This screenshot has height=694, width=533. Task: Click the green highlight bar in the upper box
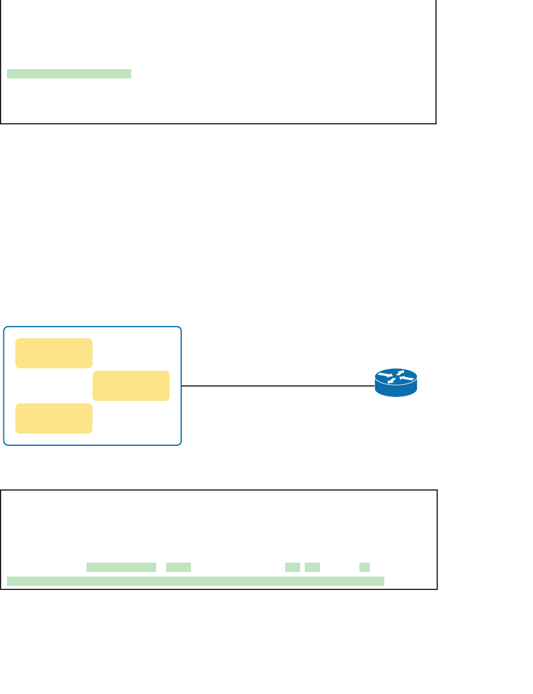click(x=69, y=74)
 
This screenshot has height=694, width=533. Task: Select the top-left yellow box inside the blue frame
click(x=53, y=353)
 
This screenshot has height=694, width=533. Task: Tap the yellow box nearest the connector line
click(x=131, y=386)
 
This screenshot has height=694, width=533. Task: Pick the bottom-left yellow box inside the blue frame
click(x=53, y=418)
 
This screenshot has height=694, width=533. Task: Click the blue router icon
click(x=396, y=383)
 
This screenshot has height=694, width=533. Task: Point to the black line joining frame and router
click(x=279, y=385)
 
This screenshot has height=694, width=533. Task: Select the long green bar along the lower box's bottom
click(x=196, y=581)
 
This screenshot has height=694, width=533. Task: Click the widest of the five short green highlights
click(x=121, y=567)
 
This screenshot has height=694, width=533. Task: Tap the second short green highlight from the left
click(x=178, y=567)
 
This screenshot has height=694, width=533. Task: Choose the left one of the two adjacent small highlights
click(x=293, y=567)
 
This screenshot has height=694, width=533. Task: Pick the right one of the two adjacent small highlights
click(x=312, y=567)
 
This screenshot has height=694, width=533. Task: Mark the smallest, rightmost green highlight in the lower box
click(x=365, y=567)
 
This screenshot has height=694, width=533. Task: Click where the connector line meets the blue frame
click(x=182, y=385)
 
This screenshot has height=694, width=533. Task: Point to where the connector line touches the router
click(x=375, y=385)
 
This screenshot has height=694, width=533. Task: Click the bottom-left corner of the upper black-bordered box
click(x=1, y=123)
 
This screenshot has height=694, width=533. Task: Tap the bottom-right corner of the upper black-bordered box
click(x=435, y=123)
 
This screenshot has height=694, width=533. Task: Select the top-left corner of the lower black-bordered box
click(x=1, y=491)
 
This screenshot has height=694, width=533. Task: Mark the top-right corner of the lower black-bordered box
click(x=437, y=491)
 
